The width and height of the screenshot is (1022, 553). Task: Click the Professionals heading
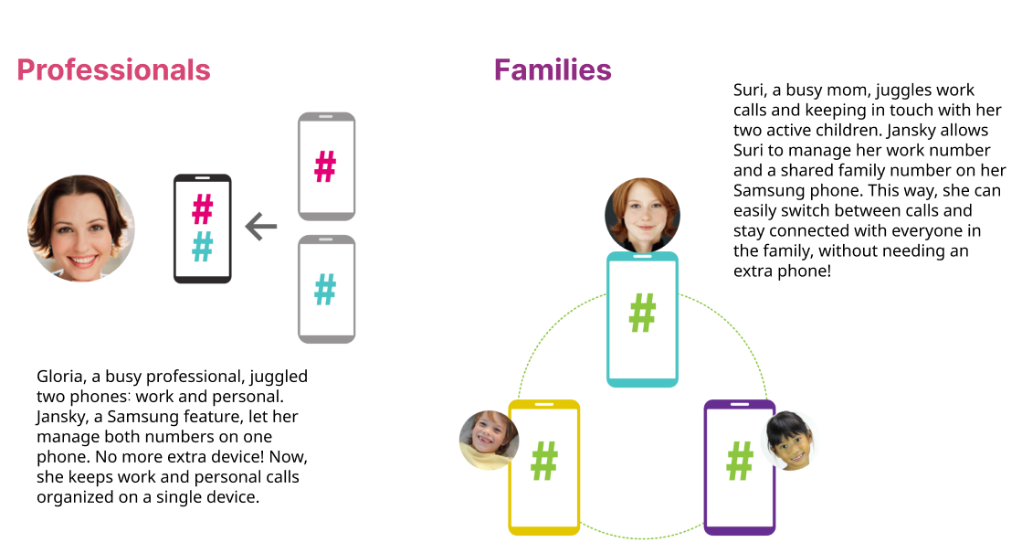coord(113,70)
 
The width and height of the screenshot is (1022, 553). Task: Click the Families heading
coord(553,70)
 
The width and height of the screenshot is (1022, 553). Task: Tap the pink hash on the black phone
coord(203,209)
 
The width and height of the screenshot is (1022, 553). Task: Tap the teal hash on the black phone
coord(203,246)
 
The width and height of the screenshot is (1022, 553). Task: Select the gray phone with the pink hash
coord(326,166)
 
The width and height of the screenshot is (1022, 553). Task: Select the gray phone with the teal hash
coord(326,290)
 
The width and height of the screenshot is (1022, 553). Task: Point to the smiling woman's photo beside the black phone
coord(81,229)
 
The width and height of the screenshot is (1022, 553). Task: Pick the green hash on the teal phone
coord(643,314)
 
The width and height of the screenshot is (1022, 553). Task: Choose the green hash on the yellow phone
coord(544,461)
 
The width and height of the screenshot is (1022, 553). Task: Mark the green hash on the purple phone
coord(739,461)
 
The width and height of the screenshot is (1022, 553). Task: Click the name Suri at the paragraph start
coord(750,90)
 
